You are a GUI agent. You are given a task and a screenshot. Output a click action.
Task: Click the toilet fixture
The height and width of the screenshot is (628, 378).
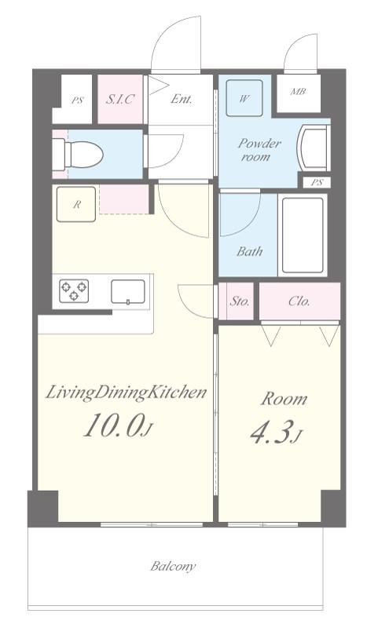click(x=78, y=154)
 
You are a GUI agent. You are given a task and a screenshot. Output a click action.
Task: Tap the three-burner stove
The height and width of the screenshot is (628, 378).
click(x=74, y=290)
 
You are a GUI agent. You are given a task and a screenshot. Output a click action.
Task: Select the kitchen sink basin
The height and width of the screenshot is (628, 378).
click(x=128, y=292)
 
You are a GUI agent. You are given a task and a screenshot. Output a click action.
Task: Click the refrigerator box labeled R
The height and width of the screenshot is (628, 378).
click(x=76, y=204)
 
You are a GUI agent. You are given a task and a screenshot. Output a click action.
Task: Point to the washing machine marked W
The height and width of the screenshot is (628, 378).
click(x=244, y=98)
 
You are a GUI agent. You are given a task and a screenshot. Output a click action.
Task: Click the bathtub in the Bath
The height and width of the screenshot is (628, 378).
click(x=303, y=235)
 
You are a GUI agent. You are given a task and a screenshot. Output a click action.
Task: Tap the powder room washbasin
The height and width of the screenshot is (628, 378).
click(x=314, y=148)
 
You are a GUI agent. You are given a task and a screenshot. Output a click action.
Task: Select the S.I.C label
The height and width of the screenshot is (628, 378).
click(x=120, y=99)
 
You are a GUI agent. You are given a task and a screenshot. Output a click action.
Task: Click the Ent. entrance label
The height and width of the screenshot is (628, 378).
click(x=182, y=99)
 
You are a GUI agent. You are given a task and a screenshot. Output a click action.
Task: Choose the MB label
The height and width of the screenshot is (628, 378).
click(x=298, y=92)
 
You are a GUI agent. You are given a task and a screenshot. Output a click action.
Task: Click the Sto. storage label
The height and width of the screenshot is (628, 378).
click(x=240, y=301)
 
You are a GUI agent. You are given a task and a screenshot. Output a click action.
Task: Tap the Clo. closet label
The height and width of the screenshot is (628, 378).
click(x=299, y=301)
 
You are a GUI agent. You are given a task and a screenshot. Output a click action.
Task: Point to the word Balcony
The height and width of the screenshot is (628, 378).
click(x=173, y=566)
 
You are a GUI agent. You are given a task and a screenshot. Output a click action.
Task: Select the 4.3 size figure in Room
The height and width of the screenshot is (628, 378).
click(x=270, y=432)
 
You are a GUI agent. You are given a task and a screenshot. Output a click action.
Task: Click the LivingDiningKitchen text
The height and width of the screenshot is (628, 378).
click(x=126, y=392)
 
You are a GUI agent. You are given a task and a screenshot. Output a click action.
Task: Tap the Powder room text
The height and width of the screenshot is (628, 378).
click(x=259, y=149)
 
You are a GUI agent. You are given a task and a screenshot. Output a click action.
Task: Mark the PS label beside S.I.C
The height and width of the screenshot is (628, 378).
click(x=78, y=100)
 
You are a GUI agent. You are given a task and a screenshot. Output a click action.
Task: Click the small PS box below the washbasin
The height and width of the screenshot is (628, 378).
click(x=317, y=182)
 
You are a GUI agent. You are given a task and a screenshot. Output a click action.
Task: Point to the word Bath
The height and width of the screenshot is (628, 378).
click(x=250, y=251)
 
